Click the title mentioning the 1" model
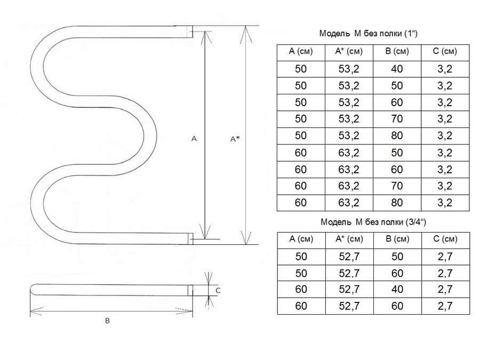[368, 33]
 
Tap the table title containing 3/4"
[373, 222]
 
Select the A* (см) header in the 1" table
[349, 51]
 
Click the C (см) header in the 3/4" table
[445, 239]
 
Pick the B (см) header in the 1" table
[397, 51]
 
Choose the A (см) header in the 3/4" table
[301, 239]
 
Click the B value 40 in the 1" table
[397, 69]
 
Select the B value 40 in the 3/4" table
[397, 289]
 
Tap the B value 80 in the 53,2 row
[397, 135]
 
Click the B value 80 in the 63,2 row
[397, 203]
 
